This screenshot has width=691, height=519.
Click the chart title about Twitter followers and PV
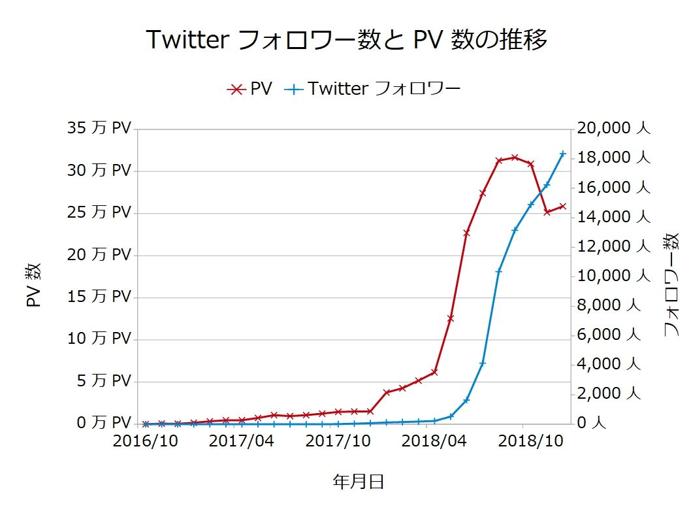click(345, 41)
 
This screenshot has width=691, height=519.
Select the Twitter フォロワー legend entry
click(373, 89)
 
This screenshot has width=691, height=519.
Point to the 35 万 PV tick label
click(99, 128)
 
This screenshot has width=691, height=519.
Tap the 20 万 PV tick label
click(99, 254)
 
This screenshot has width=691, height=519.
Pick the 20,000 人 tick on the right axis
click(612, 128)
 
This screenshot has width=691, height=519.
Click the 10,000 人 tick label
click(612, 276)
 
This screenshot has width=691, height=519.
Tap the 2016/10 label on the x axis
click(145, 441)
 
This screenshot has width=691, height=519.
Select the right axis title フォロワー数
click(671, 285)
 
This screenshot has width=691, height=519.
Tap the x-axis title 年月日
click(358, 482)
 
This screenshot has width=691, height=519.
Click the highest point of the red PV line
click(515, 157)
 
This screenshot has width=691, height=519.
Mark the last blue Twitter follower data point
click(563, 154)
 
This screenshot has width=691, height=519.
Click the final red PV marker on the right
click(563, 206)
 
